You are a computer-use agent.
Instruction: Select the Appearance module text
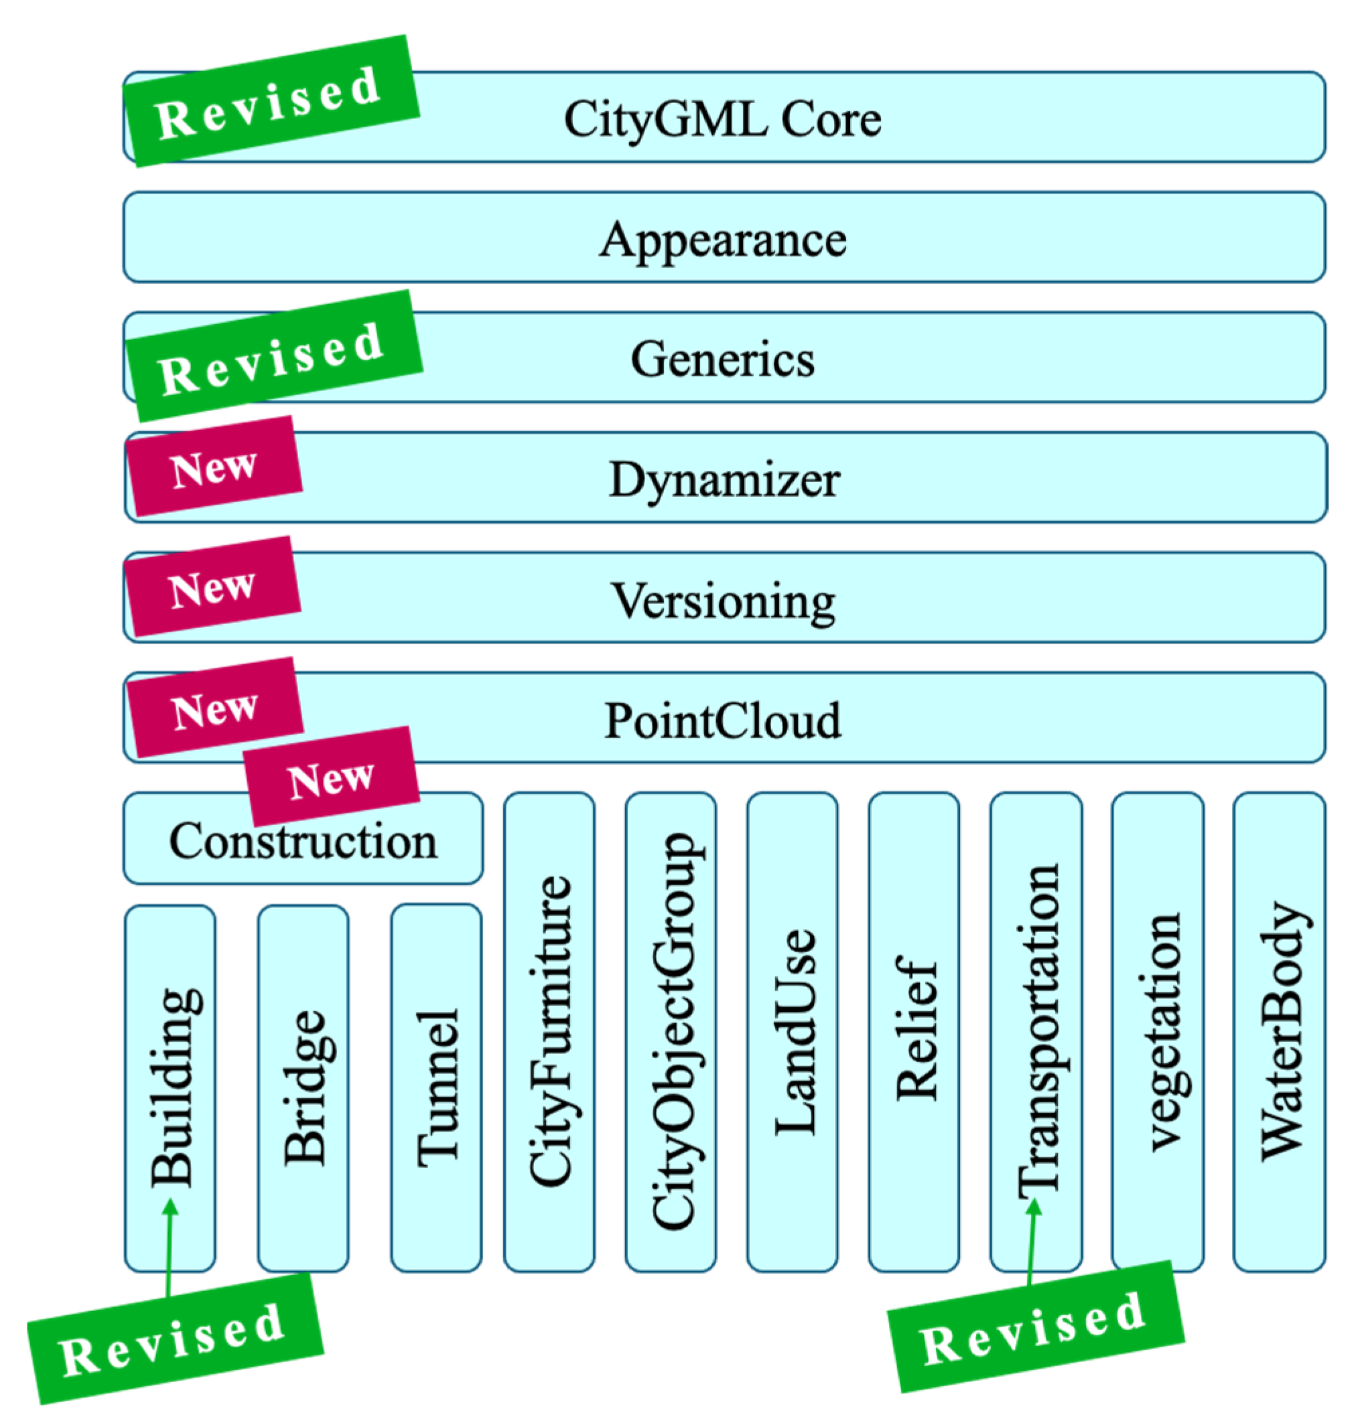723,239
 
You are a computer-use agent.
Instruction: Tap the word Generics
722,359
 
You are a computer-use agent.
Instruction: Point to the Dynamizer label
724,479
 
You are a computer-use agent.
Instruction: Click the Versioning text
723,600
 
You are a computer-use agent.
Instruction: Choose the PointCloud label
723,721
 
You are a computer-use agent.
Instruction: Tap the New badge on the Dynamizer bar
214,467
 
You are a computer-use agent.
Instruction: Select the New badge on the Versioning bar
212,587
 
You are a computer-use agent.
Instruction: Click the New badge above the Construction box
332,777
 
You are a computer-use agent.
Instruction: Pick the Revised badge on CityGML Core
270,102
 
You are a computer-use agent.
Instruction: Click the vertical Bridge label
303,1087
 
